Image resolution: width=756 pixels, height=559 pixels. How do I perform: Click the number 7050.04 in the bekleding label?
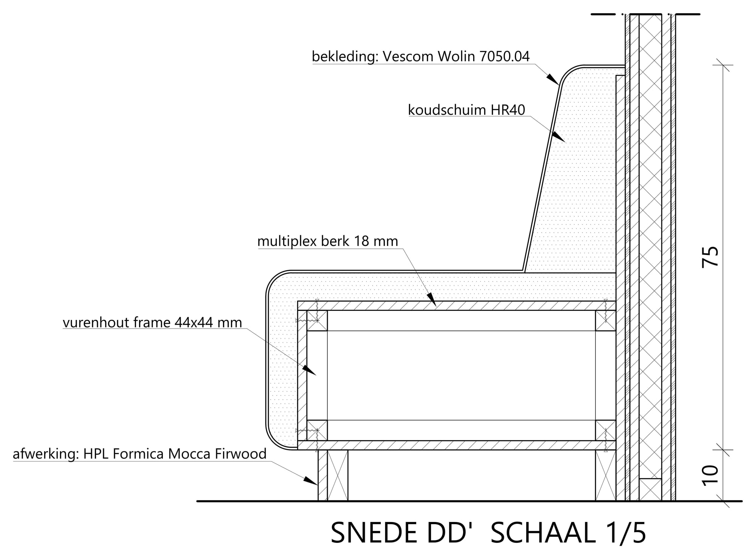[x=504, y=57]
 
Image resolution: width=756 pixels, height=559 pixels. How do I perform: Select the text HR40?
[x=508, y=110]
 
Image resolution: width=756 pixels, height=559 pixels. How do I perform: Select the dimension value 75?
[x=710, y=257]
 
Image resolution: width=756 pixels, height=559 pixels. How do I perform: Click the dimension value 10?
[x=710, y=475]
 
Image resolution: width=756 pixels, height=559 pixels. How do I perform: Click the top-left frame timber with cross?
[x=317, y=321]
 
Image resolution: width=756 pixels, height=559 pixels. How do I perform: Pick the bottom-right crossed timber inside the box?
[x=606, y=430]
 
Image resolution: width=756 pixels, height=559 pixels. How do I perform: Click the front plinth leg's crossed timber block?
[x=337, y=475]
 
